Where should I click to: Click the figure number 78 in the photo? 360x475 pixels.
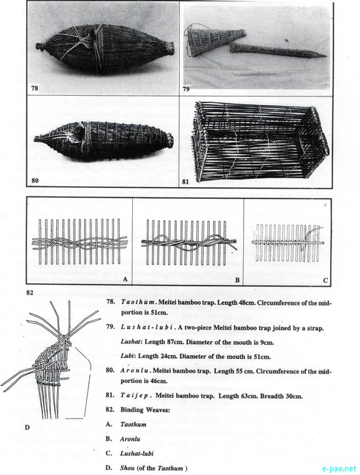click(x=34, y=88)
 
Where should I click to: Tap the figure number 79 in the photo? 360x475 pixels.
click(x=186, y=88)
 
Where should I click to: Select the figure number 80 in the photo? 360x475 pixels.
click(x=35, y=180)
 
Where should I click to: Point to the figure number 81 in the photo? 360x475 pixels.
click(x=185, y=182)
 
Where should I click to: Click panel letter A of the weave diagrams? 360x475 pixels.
click(x=125, y=279)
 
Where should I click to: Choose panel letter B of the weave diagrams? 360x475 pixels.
click(x=237, y=280)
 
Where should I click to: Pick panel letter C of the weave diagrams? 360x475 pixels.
click(x=325, y=280)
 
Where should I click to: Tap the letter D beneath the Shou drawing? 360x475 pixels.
click(x=27, y=427)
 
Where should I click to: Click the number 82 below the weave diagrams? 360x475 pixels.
click(x=30, y=293)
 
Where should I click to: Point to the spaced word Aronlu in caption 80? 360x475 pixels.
click(x=134, y=370)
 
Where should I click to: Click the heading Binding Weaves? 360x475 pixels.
click(x=145, y=410)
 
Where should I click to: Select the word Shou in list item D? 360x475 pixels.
click(x=127, y=468)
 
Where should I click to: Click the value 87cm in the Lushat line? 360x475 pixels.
click(x=174, y=342)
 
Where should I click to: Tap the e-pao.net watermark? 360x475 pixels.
click(x=339, y=468)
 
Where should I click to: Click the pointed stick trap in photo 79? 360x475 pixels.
click(x=278, y=50)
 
